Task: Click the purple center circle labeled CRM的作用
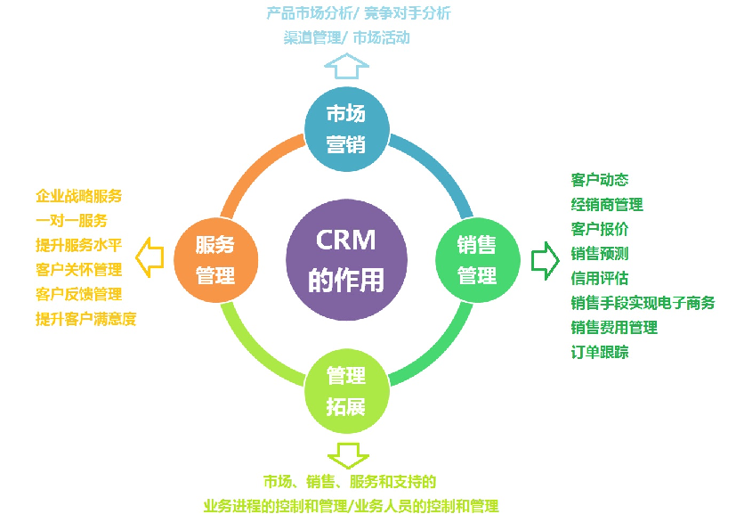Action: point(346,260)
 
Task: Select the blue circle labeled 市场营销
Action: point(346,129)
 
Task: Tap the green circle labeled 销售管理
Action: point(477,260)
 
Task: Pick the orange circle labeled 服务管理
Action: point(214,259)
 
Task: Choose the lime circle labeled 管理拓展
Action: point(346,391)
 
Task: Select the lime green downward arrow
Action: point(346,454)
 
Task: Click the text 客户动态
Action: point(600,180)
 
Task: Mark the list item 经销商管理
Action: point(607,205)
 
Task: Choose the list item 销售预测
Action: point(600,254)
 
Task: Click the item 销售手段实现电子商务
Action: point(643,303)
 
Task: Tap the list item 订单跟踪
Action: point(600,352)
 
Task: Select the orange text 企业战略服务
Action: point(79,196)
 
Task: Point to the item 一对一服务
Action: point(71,220)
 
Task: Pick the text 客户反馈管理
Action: point(79,294)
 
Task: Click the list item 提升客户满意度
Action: point(86,318)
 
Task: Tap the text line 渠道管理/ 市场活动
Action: point(347,38)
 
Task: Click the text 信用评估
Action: point(600,278)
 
